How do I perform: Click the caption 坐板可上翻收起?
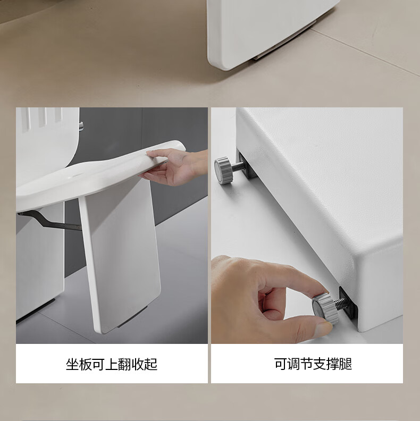point(112,364)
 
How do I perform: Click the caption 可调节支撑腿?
point(313,364)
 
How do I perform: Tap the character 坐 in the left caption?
point(72,364)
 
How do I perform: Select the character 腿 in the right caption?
point(346,364)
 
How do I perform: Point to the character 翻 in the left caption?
point(124,364)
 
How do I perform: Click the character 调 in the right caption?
point(293,364)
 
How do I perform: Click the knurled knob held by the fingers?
point(325,308)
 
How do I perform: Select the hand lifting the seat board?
point(174,166)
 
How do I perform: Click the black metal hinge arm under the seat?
point(50,220)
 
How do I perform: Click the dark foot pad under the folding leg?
point(132,317)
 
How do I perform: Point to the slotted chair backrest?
point(47,140)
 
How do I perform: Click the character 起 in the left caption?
point(151,364)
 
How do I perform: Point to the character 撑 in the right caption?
point(332,364)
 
